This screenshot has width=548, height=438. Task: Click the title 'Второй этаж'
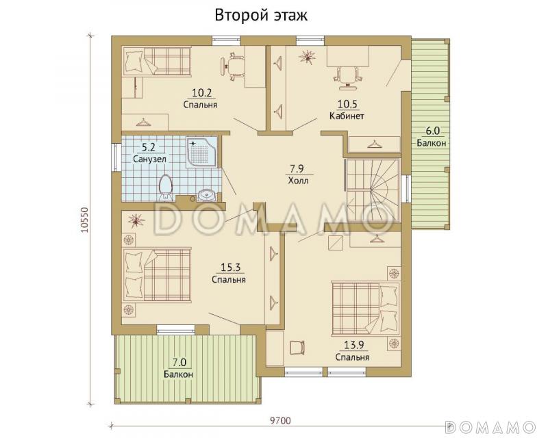261,16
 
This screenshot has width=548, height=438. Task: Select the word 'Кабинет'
347,116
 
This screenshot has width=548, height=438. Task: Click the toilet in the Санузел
165,188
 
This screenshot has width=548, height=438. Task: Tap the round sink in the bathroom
208,194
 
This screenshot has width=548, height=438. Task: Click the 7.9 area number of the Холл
297,169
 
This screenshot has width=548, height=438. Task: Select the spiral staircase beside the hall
373,190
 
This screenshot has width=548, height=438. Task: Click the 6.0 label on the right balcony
432,131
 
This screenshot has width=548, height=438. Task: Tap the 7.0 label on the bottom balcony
179,363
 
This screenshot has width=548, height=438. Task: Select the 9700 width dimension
280,420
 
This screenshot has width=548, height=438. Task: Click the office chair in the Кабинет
347,75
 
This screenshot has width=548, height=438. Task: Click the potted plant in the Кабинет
308,56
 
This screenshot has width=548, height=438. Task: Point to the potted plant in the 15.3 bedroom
136,220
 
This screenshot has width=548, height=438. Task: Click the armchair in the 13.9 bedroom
297,348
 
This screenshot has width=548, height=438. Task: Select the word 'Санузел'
149,159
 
